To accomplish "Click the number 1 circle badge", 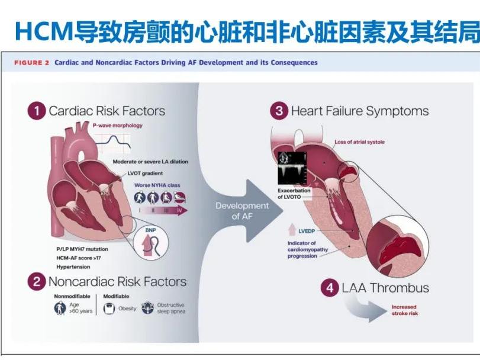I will (x=37, y=111).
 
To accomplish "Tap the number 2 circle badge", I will (x=37, y=282).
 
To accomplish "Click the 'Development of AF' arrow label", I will (x=233, y=210).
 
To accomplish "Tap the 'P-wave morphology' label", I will (x=118, y=126).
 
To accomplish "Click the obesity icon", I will (x=109, y=308).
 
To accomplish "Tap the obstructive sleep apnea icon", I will (x=147, y=308).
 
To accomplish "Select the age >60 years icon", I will (x=60, y=308).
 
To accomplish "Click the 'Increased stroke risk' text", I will (x=405, y=310).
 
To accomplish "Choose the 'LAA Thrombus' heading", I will (x=385, y=288).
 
